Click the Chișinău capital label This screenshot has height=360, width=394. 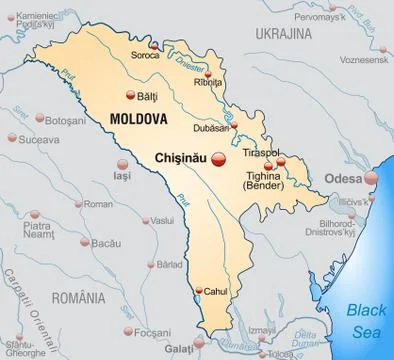(x=186, y=157)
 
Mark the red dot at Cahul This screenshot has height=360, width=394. (x=200, y=288)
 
